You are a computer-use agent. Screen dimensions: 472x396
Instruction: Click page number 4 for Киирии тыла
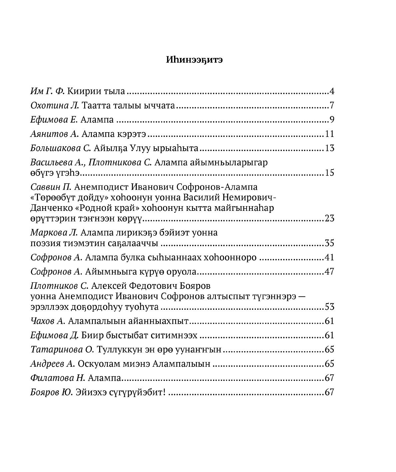coord(331,91)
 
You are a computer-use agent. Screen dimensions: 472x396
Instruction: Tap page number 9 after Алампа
coord(331,120)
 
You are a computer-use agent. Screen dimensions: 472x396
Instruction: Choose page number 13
coord(329,148)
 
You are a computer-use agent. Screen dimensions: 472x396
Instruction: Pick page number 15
coord(329,173)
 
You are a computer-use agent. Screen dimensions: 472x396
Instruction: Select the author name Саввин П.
coord(51,187)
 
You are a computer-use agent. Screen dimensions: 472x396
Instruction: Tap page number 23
coord(329,219)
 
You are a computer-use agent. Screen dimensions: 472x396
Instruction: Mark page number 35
coord(329,243)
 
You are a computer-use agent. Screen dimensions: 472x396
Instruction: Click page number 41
coord(329,257)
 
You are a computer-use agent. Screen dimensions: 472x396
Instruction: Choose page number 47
coord(329,272)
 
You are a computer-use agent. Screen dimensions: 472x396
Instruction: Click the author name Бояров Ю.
coord(51,392)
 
